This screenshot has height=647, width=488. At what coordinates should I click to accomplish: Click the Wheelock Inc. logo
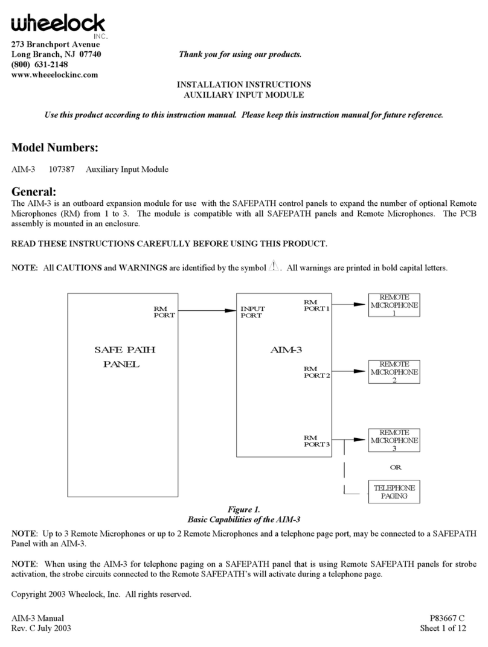(57, 25)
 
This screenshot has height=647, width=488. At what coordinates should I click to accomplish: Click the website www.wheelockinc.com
(54, 75)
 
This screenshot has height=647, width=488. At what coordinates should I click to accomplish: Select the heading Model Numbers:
(54, 147)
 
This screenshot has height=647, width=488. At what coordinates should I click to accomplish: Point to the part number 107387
(62, 170)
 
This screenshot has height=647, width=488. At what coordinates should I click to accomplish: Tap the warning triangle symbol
(275, 266)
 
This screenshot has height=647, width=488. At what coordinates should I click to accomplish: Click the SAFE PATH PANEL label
(121, 357)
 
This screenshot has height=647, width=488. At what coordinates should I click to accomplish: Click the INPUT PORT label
(252, 312)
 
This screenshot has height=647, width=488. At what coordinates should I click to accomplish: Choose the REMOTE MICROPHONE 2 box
(394, 372)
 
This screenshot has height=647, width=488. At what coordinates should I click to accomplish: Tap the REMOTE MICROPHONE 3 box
(394, 441)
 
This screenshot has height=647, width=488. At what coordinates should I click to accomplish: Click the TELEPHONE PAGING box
(394, 492)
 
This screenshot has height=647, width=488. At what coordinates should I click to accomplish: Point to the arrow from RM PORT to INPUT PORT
(205, 311)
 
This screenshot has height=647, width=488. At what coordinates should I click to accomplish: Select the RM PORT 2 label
(316, 372)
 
